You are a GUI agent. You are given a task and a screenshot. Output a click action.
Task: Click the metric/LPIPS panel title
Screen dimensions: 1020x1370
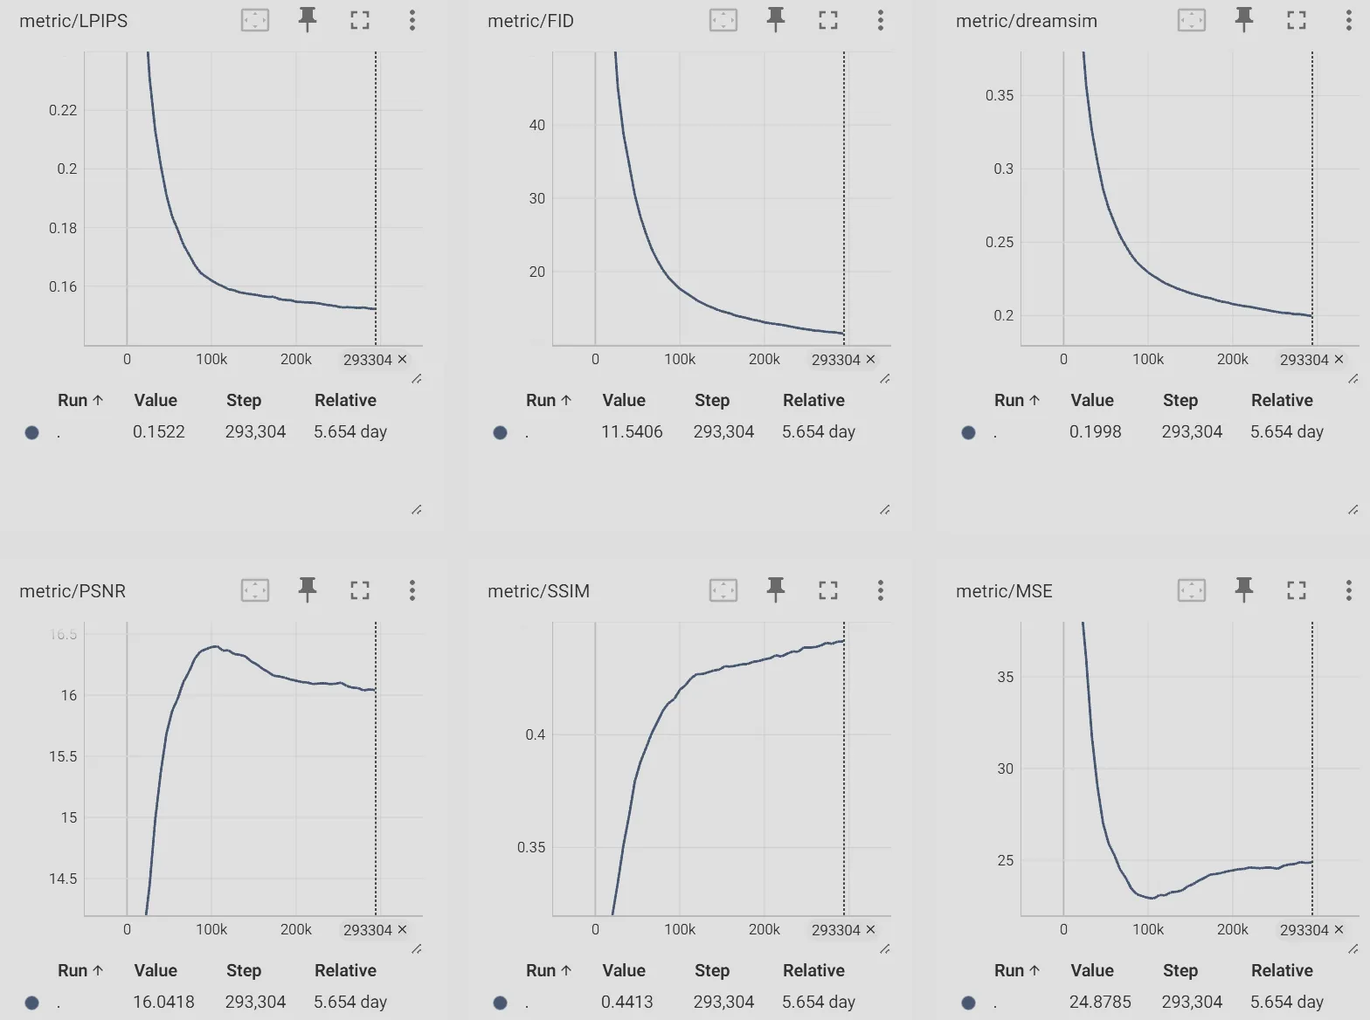[73, 21]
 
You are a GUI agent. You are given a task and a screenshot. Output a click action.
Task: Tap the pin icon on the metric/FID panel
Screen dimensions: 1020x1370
[775, 19]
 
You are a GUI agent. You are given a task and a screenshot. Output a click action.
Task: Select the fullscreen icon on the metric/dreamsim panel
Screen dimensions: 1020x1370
[1296, 20]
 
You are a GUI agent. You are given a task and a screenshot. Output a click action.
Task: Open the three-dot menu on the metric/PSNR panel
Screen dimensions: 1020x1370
[412, 590]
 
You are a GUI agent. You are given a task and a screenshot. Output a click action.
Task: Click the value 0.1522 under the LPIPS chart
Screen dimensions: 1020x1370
[159, 431]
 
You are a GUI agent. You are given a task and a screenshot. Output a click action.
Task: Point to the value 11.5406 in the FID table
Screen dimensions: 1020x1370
[632, 431]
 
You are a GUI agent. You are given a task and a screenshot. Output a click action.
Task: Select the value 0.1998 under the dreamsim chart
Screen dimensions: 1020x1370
[1095, 431]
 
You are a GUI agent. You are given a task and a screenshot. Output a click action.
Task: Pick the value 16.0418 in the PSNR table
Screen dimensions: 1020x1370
[163, 1002]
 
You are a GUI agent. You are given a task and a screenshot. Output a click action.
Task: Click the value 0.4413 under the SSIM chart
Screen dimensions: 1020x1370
[626, 1002]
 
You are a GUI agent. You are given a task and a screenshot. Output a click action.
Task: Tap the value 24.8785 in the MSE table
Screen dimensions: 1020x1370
[1100, 1002]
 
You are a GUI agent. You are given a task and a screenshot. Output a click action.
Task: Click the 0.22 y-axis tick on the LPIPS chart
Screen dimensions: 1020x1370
[63, 110]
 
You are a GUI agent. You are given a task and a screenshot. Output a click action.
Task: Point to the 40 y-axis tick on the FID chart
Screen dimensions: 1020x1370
[536, 125]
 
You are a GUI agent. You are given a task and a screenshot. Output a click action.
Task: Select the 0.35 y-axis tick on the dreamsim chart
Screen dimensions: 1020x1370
[1000, 95]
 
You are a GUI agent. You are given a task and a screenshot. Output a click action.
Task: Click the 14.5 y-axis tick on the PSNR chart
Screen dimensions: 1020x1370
[63, 879]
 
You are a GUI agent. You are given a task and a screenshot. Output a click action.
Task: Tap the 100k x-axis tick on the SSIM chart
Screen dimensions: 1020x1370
[680, 929]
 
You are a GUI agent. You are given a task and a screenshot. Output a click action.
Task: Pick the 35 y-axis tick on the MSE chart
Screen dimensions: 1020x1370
[1006, 677]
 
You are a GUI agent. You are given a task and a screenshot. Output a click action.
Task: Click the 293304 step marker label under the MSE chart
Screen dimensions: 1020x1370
[1304, 930]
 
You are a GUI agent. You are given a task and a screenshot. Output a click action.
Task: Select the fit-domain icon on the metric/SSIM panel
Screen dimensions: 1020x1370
[723, 590]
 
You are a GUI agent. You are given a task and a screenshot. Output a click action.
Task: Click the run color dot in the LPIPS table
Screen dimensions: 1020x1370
[32, 432]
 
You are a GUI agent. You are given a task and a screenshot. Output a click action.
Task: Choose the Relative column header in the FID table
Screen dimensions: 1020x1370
[813, 400]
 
